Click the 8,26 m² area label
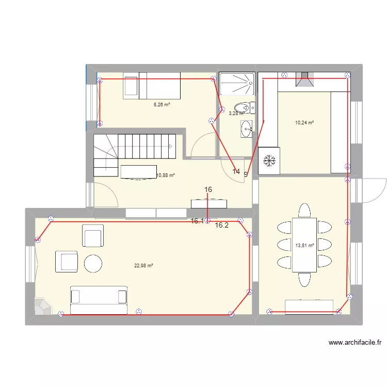pos(162,104)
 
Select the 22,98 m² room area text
pos(143,266)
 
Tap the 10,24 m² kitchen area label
pos(304,123)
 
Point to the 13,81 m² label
pos(304,246)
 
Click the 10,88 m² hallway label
pos(165,175)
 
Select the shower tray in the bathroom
pos(237,84)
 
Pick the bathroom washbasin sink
pos(246,129)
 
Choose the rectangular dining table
pos(304,245)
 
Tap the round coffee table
pos(93,264)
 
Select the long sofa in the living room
pos(99,300)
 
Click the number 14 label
pos(236,171)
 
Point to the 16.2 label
pos(222,225)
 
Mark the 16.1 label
pos(197,221)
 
